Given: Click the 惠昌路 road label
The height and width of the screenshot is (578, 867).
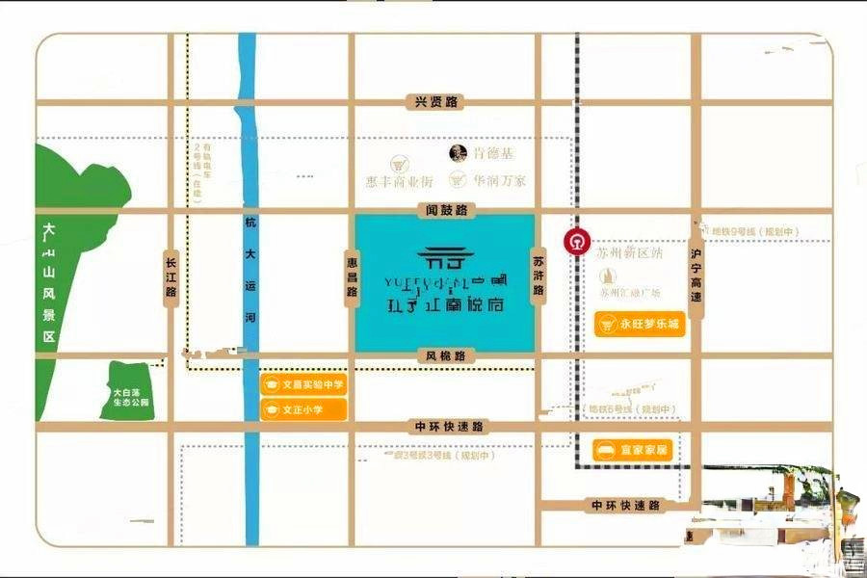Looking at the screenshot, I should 352,274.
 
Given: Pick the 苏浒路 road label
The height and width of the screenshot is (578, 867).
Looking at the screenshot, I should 539,275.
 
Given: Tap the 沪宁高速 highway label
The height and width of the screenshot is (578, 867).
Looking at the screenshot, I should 695,275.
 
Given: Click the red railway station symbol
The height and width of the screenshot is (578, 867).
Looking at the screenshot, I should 576,241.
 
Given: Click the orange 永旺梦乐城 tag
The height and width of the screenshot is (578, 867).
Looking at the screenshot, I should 641,325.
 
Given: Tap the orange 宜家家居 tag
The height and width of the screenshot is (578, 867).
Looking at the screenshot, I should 633,450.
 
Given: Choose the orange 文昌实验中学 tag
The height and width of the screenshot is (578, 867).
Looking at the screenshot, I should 303,384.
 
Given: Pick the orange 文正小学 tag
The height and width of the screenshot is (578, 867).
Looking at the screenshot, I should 303,409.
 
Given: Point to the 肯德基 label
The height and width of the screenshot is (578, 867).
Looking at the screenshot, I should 493,153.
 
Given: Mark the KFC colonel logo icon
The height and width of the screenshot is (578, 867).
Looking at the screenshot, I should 460,153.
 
